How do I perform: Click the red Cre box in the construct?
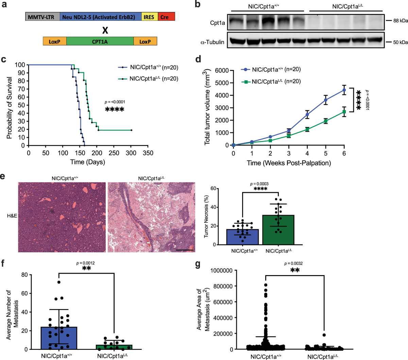(166, 17)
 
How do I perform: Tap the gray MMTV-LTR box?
(42, 17)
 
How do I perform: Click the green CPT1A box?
(100, 41)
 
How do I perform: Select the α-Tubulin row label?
(213, 42)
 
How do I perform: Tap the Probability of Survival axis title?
(10, 108)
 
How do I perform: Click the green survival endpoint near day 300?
(131, 130)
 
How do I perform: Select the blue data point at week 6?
(344, 90)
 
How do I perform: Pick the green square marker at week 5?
(326, 121)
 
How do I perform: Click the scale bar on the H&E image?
(185, 250)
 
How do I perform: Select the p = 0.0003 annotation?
(259, 184)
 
